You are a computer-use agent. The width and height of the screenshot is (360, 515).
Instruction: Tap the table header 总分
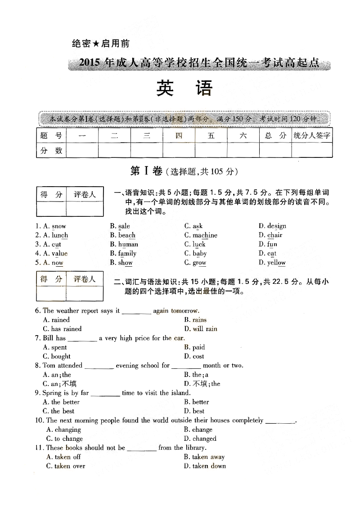275,135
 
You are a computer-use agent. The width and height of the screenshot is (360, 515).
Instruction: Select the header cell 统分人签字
312,135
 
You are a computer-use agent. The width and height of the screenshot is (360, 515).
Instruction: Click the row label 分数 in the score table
51,151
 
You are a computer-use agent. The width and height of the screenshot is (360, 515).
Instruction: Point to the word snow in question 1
59,226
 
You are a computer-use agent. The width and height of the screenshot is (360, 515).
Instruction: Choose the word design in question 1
277,226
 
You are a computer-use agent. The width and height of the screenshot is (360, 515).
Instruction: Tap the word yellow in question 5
276,263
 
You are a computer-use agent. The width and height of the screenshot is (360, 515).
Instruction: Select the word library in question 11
195,448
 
